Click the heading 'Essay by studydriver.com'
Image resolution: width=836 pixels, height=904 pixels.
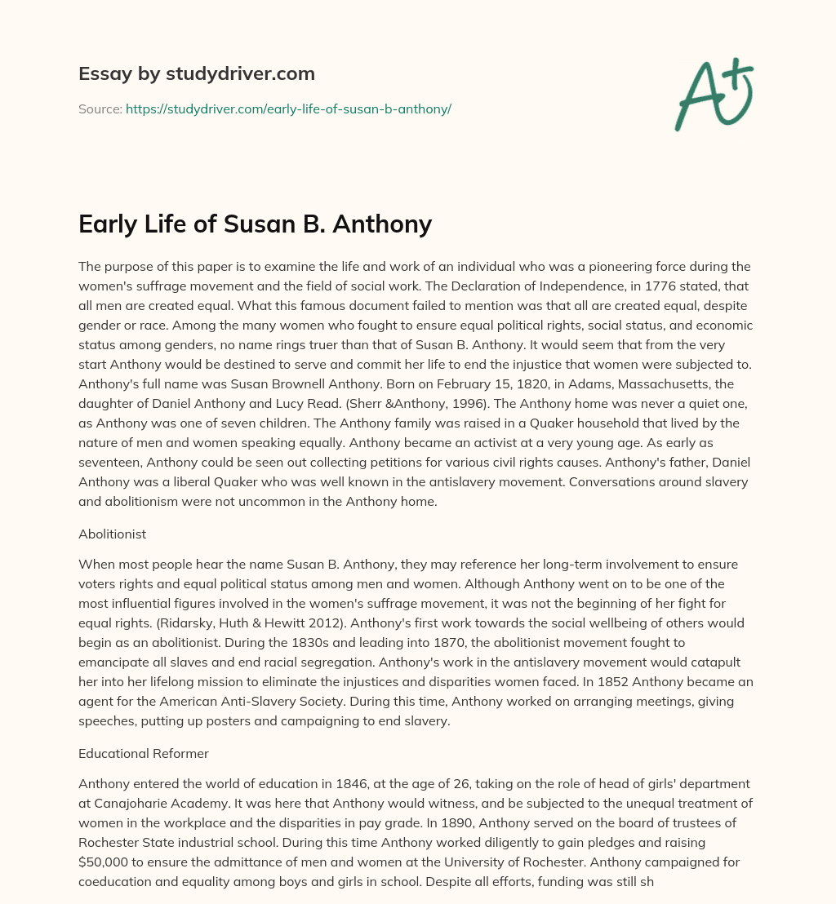[197, 73]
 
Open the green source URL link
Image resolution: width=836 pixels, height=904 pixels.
[288, 109]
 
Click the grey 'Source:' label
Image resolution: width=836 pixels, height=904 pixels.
[100, 109]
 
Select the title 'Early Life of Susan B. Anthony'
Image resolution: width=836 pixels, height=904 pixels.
[255, 224]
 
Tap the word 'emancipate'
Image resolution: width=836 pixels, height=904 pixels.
[115, 640]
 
